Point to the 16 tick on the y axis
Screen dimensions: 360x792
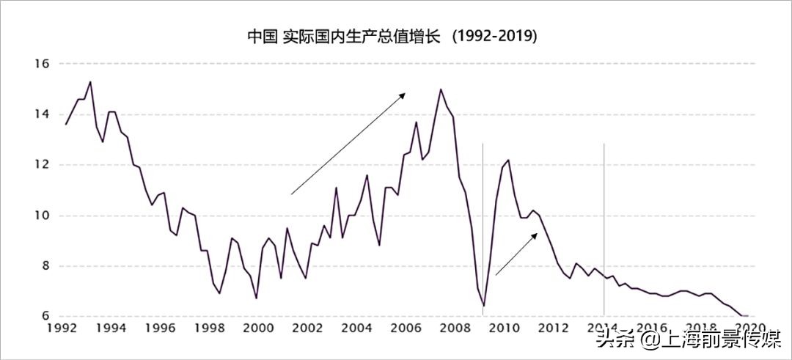tap(41, 64)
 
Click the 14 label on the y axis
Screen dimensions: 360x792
tap(41, 114)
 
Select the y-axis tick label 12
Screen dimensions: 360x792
tap(41, 165)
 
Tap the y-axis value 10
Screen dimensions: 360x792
tap(41, 216)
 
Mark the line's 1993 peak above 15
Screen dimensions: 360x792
tap(89, 82)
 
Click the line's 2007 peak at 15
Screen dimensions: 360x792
tap(440, 89)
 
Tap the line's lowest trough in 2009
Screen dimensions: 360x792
tap(484, 306)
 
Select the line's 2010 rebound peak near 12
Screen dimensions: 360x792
tap(508, 160)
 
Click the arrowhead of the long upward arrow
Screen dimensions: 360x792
tap(404, 95)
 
